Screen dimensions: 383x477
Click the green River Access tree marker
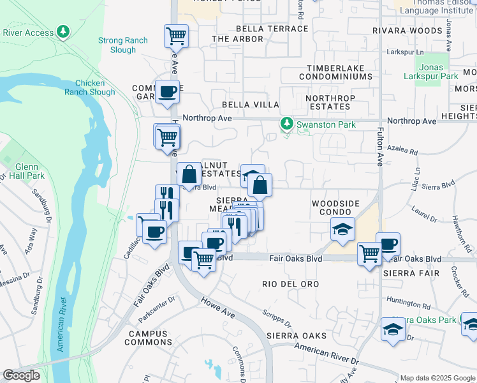tap(62, 31)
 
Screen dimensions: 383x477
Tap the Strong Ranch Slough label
tap(123, 45)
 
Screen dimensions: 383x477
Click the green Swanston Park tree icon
tap(287, 123)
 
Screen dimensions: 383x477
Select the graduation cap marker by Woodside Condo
tap(342, 229)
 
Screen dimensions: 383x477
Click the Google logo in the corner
tap(21, 375)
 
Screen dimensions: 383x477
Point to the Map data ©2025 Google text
tap(437, 378)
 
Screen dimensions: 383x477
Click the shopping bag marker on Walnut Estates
tap(189, 174)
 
